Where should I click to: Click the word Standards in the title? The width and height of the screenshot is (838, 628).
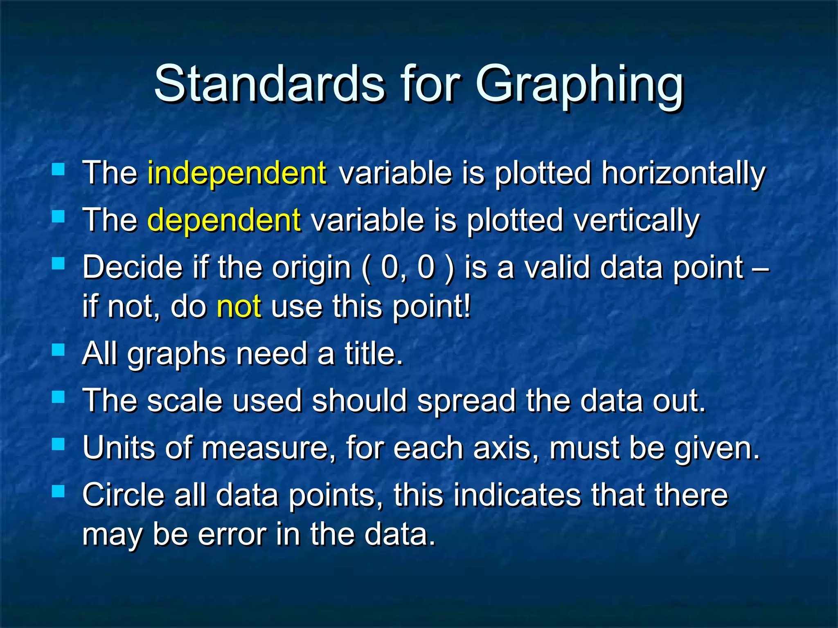[x=269, y=84]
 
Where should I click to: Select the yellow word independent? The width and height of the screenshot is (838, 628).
[x=237, y=173]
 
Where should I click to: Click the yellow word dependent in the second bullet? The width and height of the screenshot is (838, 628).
[x=224, y=220]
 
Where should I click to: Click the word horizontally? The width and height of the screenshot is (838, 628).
[x=683, y=174]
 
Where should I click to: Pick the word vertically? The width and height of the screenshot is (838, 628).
[x=636, y=221]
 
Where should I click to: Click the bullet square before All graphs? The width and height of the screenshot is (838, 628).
[x=59, y=350]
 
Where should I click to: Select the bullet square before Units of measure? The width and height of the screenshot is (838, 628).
[x=59, y=444]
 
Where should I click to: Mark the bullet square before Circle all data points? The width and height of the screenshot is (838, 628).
[x=59, y=491]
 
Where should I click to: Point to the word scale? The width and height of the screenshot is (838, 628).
[x=185, y=401]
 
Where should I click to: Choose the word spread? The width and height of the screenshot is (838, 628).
[x=466, y=401]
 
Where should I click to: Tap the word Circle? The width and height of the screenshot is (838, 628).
[x=123, y=495]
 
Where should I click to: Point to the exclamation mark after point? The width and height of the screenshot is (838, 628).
[x=468, y=306]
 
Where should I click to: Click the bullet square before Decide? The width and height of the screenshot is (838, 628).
[x=59, y=263]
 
